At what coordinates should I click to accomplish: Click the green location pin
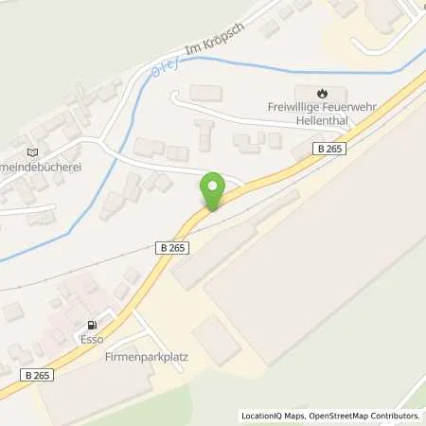(214, 190)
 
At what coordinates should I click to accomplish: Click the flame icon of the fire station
(324, 93)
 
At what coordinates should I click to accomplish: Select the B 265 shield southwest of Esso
(39, 374)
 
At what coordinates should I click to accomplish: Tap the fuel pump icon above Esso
(91, 322)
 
